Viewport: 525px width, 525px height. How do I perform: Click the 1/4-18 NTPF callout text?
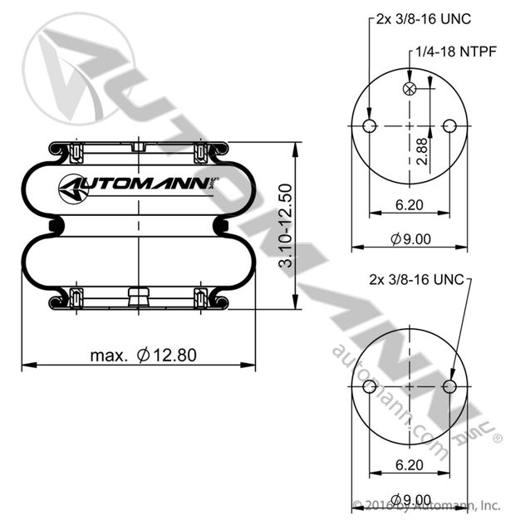click(x=456, y=52)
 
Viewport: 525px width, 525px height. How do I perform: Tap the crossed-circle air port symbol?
click(x=410, y=89)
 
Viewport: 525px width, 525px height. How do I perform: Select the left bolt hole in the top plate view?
click(x=370, y=126)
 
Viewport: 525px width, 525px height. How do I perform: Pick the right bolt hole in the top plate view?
click(x=449, y=126)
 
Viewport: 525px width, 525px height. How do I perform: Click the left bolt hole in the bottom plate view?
click(x=370, y=387)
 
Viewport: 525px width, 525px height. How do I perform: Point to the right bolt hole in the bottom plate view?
click(x=449, y=387)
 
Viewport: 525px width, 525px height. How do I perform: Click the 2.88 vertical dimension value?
click(x=423, y=151)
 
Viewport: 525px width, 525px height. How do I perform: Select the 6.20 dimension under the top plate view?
click(x=410, y=204)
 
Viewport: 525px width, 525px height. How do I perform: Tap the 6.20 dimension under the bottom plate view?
click(x=410, y=464)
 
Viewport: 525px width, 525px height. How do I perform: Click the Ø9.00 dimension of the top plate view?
click(x=410, y=239)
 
